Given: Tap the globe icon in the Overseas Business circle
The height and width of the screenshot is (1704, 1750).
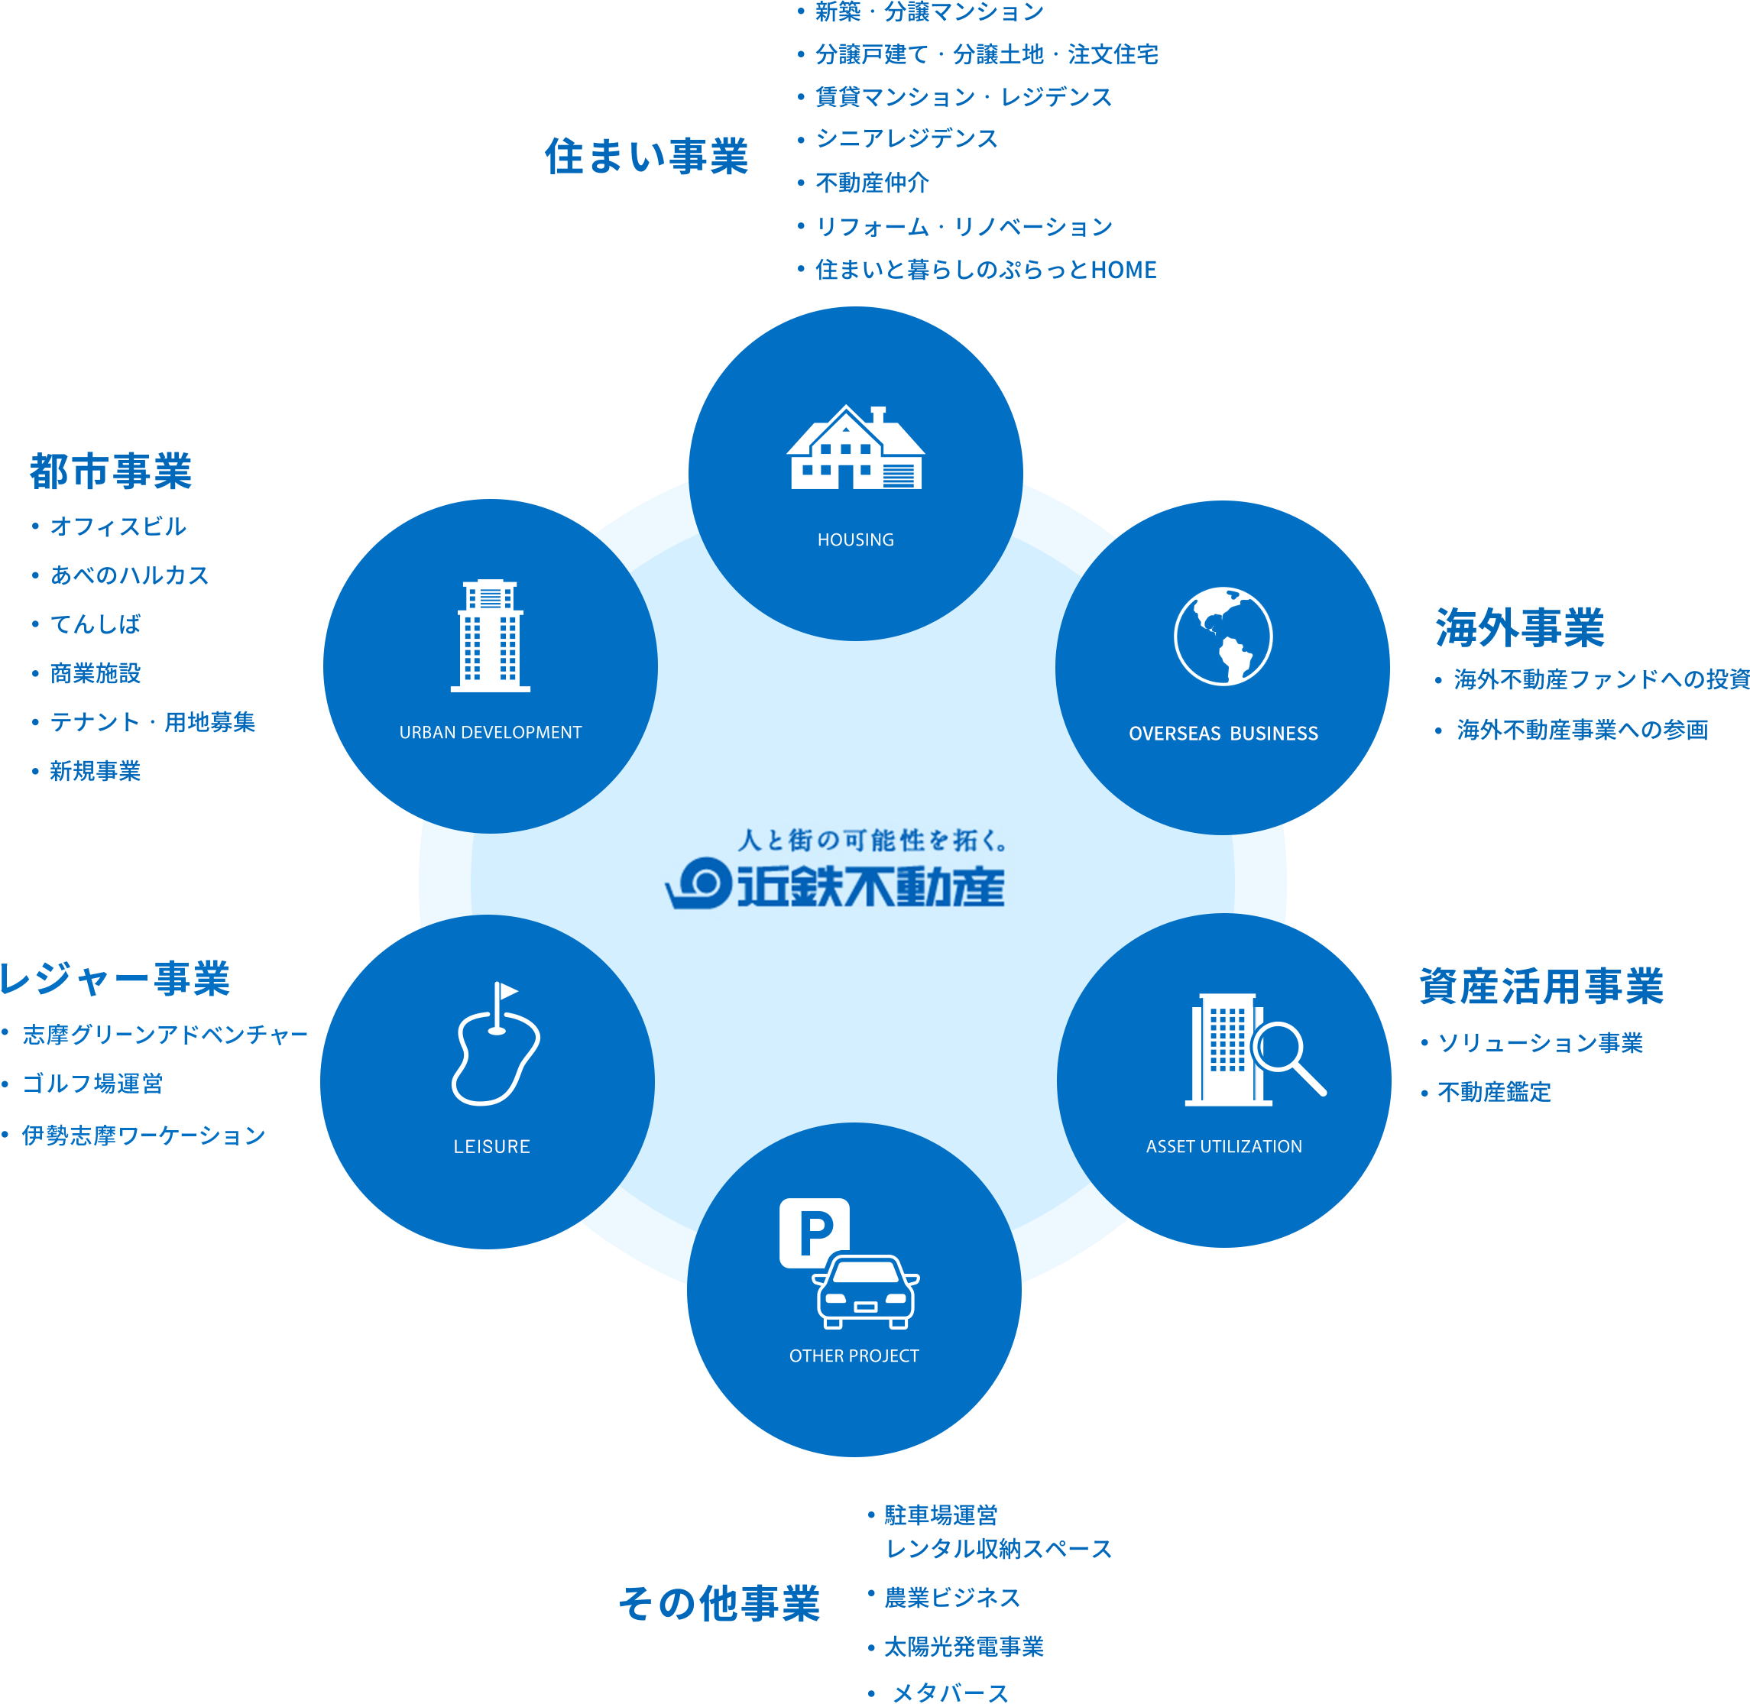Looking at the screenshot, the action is pos(1223,637).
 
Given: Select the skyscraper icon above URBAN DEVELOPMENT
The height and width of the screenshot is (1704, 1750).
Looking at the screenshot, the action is pos(490,636).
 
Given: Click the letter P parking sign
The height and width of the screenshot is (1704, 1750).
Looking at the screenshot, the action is pos(814,1233).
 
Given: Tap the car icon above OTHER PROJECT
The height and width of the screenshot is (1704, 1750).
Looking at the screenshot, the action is pos(866,1292).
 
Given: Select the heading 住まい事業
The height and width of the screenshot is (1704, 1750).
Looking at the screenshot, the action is pos(646,156).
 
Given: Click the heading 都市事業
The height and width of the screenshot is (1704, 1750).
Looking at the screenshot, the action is pos(111,471).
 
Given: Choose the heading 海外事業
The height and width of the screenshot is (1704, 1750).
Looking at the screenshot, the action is pos(1519,627).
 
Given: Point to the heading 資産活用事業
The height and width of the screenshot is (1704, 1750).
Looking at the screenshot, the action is pos(1541,986).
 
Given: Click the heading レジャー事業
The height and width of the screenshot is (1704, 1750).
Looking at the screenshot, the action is pos(115,977).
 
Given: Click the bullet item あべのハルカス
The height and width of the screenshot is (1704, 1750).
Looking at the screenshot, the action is pos(129,575).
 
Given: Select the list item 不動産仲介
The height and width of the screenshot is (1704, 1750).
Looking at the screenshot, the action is pos(872,183).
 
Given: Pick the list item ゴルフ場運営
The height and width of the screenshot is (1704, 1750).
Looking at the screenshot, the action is pos(92,1083).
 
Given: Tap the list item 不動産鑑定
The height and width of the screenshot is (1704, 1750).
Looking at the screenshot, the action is pos(1494,1091).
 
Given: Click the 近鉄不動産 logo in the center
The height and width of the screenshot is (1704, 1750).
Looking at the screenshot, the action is pos(834,883).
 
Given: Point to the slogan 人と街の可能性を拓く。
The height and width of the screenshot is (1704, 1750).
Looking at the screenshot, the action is pos(873,840).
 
